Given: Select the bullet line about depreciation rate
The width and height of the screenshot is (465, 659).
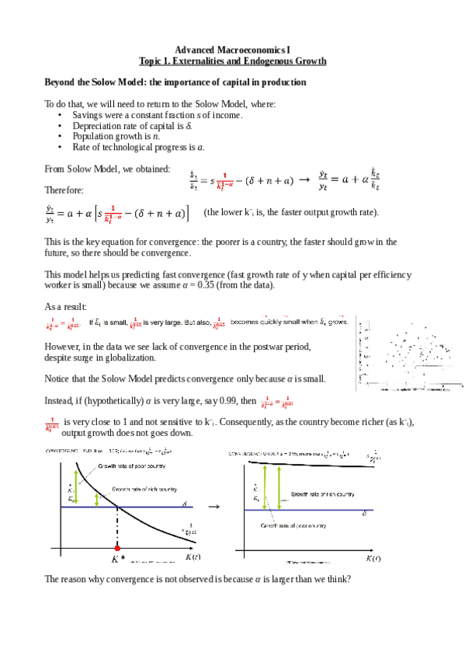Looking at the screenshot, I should (x=132, y=125).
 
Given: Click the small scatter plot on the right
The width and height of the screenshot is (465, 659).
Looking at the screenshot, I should (x=408, y=354).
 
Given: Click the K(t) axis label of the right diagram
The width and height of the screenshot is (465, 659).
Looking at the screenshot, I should (x=373, y=558).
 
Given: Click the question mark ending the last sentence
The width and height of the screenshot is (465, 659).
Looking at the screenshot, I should (x=350, y=578).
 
